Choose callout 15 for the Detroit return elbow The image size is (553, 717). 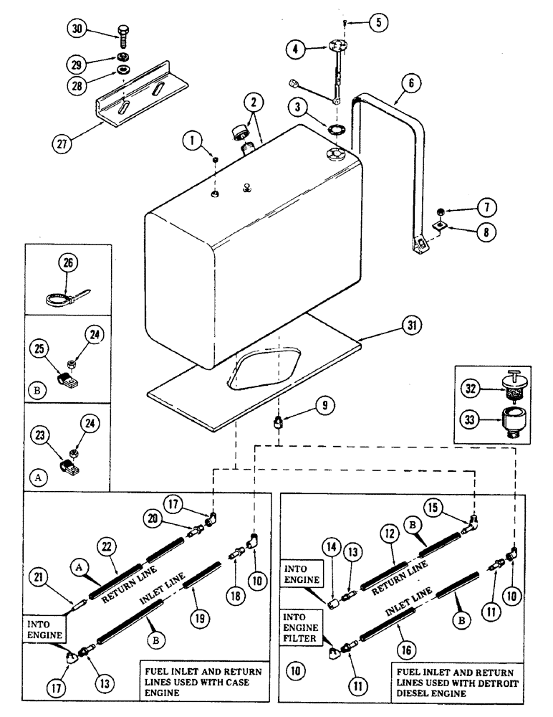click(434, 506)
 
